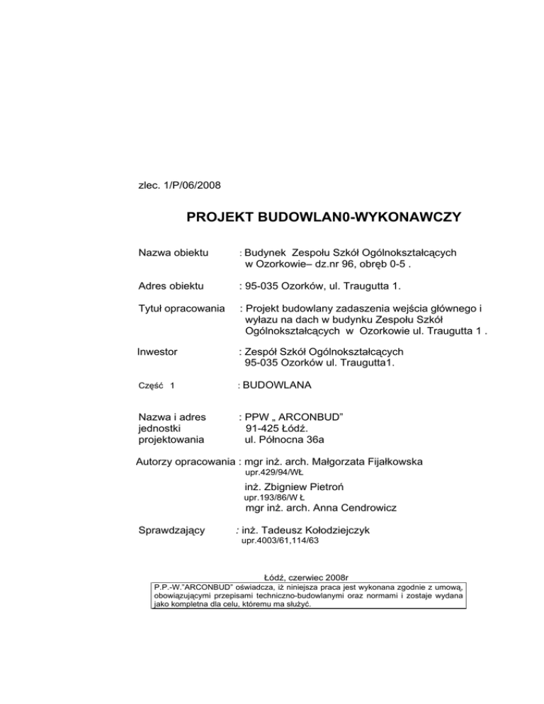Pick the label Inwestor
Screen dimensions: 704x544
pos(157,351)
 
